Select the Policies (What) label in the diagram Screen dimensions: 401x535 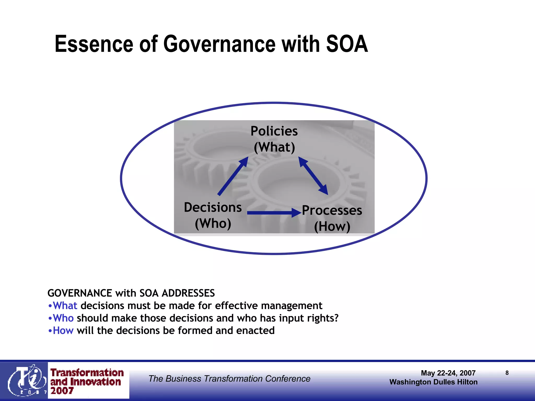coord(274,139)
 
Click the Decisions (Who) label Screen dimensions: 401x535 coord(213,215)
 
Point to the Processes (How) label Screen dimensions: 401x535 coord(332,218)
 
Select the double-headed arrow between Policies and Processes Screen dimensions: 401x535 coord(313,176)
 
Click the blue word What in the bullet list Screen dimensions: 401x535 coord(65,305)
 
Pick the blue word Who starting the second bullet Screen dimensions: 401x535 coord(63,318)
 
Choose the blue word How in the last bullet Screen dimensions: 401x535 coord(63,331)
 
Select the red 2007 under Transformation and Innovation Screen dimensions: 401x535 coord(62,391)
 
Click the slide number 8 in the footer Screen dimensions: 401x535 coord(507,373)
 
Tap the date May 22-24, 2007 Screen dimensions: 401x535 coord(448,373)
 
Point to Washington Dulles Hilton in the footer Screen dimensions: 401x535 coord(433,382)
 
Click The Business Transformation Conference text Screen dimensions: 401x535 coord(229,379)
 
